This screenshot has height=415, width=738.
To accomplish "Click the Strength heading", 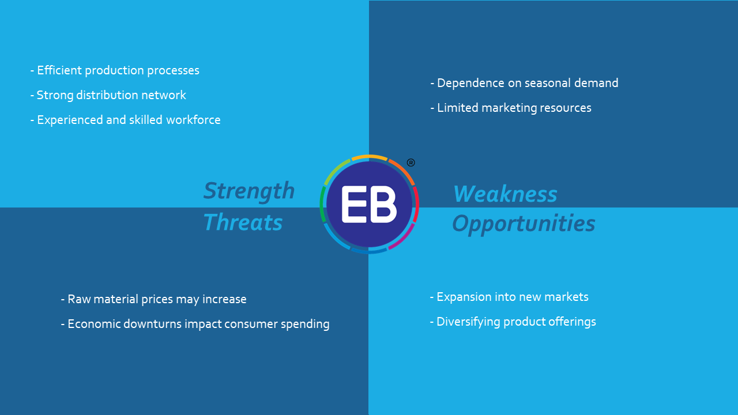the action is [x=249, y=191].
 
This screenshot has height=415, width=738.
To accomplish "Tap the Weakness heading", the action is [x=505, y=194].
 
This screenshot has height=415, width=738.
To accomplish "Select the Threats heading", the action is [x=243, y=222].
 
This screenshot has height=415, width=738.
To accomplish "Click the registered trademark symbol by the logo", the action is [x=411, y=163].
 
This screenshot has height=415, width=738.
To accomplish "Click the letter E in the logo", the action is [x=355, y=204].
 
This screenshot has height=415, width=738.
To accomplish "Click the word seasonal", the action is [x=539, y=83].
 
